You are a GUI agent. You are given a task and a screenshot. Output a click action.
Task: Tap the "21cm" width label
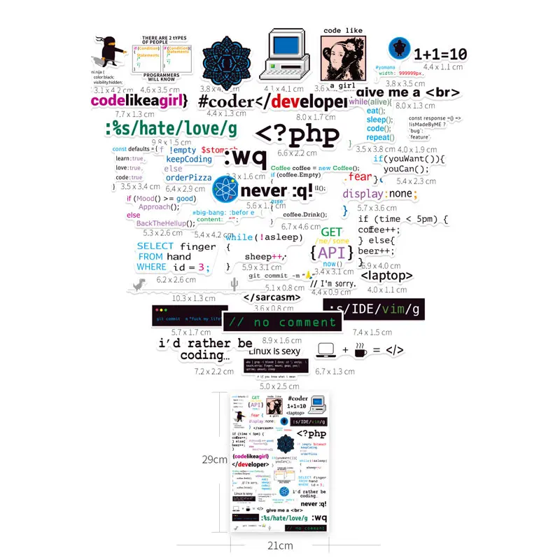(x=280, y=544)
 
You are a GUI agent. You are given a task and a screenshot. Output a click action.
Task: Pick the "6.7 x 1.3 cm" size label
(x=335, y=371)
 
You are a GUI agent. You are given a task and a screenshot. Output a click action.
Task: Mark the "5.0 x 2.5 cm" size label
(x=279, y=386)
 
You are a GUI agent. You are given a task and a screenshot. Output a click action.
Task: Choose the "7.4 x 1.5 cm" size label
(x=372, y=332)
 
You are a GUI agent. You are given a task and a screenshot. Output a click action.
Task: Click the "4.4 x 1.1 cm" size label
(x=442, y=67)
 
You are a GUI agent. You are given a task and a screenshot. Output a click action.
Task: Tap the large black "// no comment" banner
(x=283, y=323)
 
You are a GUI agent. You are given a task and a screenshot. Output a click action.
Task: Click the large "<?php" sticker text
(x=297, y=134)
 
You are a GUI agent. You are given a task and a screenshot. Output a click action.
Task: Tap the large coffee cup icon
(x=360, y=349)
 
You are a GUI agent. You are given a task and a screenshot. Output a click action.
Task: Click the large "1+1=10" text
(x=440, y=54)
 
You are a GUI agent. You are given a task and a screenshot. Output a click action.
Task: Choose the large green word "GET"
(x=332, y=232)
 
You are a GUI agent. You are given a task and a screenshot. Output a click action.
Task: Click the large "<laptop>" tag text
(x=387, y=276)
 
